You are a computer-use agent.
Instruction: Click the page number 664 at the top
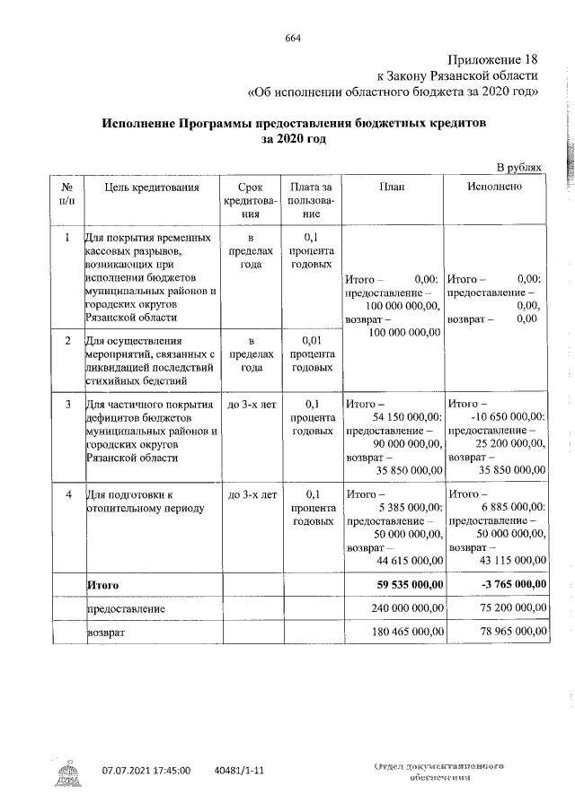point(292,38)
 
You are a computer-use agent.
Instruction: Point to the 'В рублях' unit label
point(520,167)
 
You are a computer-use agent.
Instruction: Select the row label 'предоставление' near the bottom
point(125,608)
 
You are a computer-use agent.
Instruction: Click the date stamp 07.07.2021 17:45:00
point(146,771)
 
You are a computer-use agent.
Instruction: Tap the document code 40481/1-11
point(240,771)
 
